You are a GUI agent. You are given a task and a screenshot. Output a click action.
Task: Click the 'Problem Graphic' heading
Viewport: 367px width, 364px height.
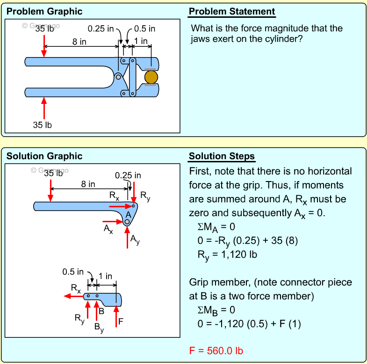44,11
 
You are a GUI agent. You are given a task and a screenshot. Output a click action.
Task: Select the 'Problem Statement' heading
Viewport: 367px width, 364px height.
232,12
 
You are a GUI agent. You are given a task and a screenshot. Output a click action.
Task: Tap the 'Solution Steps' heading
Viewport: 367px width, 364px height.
222,156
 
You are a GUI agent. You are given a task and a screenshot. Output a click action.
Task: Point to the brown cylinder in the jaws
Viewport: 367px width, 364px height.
151,77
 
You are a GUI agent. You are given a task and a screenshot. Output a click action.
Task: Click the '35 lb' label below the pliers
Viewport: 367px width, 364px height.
43,125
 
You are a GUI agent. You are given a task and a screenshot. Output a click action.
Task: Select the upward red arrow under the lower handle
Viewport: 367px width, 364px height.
44,108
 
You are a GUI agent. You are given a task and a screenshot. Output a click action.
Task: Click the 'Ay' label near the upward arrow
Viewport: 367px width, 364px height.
135,240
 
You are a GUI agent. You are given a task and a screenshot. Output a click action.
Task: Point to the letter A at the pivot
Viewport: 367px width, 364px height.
128,214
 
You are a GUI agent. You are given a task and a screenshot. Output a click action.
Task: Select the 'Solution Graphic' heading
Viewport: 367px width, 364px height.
44,156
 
